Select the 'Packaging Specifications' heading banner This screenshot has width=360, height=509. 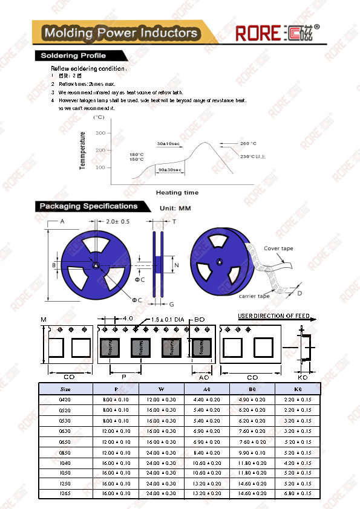(x=88, y=206)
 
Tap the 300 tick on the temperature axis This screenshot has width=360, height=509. (x=100, y=132)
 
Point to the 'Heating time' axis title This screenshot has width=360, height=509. (x=177, y=192)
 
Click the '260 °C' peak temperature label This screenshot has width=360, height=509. (x=248, y=144)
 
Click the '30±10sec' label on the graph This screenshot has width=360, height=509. (x=168, y=143)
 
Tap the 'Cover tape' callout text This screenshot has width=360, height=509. (x=279, y=248)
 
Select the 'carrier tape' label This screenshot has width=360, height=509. (x=254, y=296)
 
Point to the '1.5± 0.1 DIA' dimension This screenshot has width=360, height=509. (x=168, y=319)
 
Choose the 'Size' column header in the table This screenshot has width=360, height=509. (x=65, y=389)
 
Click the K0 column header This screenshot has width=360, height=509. (x=297, y=389)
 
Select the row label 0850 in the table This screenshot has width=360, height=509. (x=65, y=452)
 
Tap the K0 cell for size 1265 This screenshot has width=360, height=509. (x=297, y=494)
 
